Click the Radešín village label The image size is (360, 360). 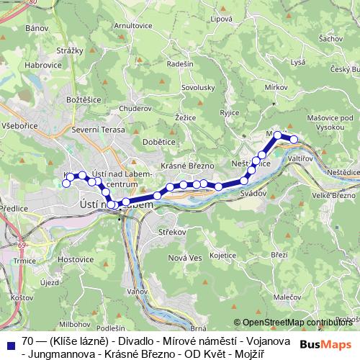[x=179, y=64]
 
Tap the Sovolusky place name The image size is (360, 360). [x=199, y=88]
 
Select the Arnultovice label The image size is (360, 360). [x=135, y=25]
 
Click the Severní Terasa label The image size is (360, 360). [x=99, y=130]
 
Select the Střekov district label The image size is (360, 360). [x=171, y=233]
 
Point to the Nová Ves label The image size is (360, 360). [x=186, y=258]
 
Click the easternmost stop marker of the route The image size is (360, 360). [x=294, y=139]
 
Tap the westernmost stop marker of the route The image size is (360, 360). [x=66, y=184]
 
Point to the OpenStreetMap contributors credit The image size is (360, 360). [x=297, y=322]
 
